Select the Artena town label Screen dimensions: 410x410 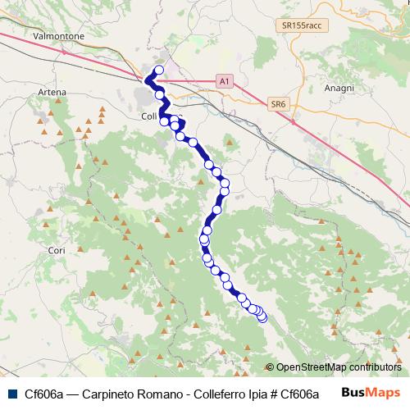pos(51,93)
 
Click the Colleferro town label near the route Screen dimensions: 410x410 pos(148,116)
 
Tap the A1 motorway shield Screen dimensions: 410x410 pos(225,81)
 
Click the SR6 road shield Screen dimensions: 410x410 pos(278,104)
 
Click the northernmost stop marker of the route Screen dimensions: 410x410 pos(159,70)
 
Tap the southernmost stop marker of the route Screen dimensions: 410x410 pos(262,318)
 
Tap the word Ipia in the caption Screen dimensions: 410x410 pos(245,393)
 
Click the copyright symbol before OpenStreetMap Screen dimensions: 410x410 pos(270,367)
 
